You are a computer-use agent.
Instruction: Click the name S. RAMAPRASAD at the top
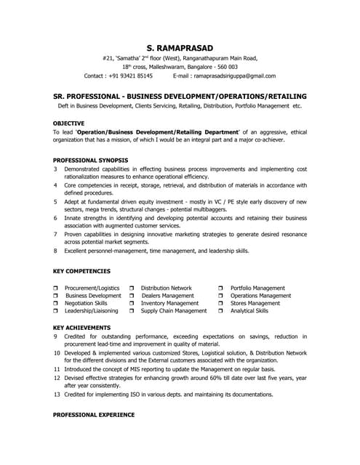tap(180, 44)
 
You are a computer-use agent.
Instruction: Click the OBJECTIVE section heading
tap(69, 123)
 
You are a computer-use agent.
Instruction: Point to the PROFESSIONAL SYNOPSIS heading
tap(91, 159)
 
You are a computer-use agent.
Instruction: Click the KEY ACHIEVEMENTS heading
tap(82, 328)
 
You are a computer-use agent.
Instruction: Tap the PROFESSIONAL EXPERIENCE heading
tap(94, 414)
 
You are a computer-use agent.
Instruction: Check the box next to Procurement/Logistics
tap(56, 288)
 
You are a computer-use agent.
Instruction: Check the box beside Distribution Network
tap(132, 288)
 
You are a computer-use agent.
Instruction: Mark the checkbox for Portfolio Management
tap(221, 288)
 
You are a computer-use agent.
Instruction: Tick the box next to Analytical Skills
tap(221, 311)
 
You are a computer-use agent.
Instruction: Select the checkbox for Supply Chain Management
tap(132, 311)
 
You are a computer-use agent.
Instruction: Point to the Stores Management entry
tap(255, 304)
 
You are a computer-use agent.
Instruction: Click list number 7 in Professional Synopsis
tap(56, 235)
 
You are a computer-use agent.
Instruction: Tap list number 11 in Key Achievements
tap(57, 369)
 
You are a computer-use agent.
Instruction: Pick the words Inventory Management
tap(169, 304)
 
